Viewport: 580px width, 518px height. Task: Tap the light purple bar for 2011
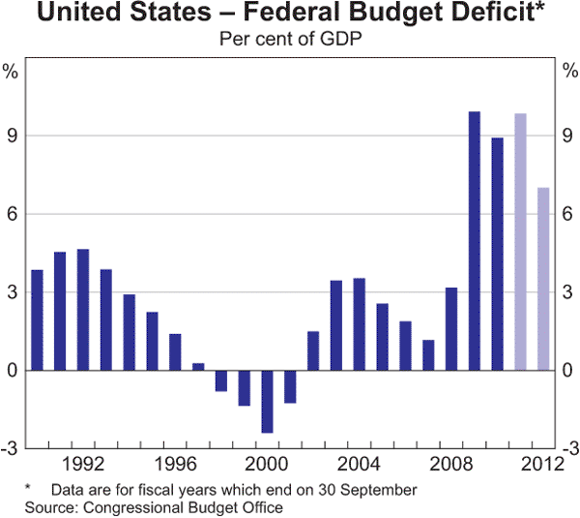pyautogui.click(x=520, y=241)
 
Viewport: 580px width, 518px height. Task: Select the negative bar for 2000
pyautogui.click(x=268, y=401)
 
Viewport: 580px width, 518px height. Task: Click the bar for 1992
pyautogui.click(x=83, y=310)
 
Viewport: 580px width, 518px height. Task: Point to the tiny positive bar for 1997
pyautogui.click(x=198, y=366)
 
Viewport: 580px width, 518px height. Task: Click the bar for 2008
pyautogui.click(x=451, y=328)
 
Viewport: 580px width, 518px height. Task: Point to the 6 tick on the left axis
pyautogui.click(x=12, y=214)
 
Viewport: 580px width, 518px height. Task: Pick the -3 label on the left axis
pyautogui.click(x=10, y=448)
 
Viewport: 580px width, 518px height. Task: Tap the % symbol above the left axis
pyautogui.click(x=11, y=71)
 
